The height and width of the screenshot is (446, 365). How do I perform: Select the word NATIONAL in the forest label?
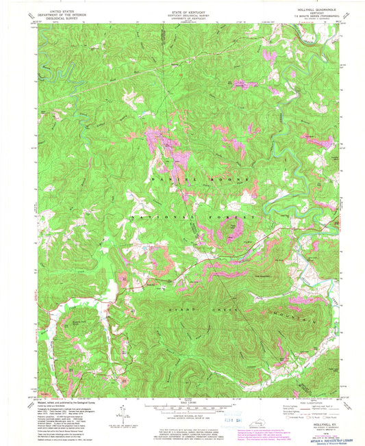(x=158, y=215)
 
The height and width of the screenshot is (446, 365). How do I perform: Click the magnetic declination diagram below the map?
(x=124, y=412)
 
